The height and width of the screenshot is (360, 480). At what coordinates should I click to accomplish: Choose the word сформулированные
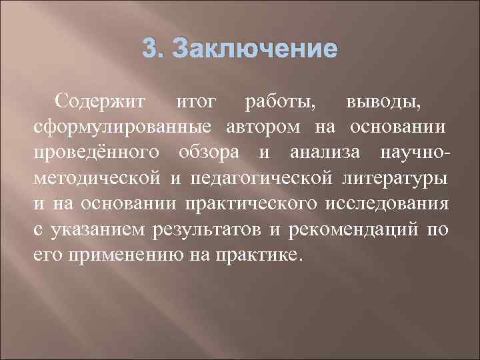[122, 127]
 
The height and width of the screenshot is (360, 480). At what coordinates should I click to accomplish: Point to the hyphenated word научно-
[414, 153]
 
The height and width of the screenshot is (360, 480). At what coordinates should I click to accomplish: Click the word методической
[98, 178]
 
